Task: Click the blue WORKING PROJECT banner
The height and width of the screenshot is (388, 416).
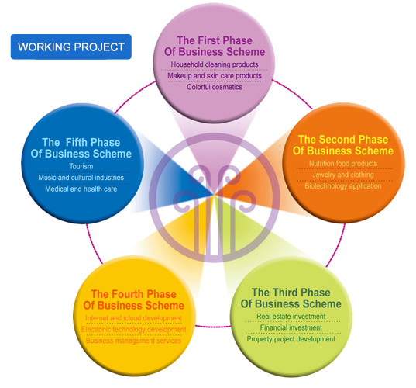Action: (x=70, y=47)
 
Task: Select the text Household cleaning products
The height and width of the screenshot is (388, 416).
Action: (x=215, y=64)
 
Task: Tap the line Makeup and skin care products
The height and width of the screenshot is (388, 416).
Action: (x=215, y=76)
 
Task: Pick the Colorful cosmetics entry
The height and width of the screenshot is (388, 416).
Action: (x=215, y=87)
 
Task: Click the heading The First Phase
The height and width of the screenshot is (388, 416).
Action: (x=215, y=40)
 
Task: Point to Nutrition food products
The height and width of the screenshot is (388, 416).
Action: (x=343, y=163)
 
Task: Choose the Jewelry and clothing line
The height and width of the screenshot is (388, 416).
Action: (x=343, y=175)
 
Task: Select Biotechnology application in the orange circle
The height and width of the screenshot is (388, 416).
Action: (x=343, y=186)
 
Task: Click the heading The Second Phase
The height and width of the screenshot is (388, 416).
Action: (x=343, y=140)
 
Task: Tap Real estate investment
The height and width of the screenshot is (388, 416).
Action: (x=291, y=317)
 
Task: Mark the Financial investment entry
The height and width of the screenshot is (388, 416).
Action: (x=291, y=327)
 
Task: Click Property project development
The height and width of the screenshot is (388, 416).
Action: (x=291, y=339)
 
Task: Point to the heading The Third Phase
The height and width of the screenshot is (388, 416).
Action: (x=291, y=293)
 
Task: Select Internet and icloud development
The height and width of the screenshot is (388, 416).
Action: (x=133, y=318)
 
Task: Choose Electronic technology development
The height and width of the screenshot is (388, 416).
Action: (x=133, y=329)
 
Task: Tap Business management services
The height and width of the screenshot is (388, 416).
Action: (x=133, y=341)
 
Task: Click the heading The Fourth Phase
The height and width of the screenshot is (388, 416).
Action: (x=133, y=294)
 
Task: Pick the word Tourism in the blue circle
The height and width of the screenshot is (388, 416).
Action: (x=81, y=166)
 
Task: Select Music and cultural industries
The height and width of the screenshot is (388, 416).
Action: (x=81, y=178)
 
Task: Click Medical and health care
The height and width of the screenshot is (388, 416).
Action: (x=81, y=189)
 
